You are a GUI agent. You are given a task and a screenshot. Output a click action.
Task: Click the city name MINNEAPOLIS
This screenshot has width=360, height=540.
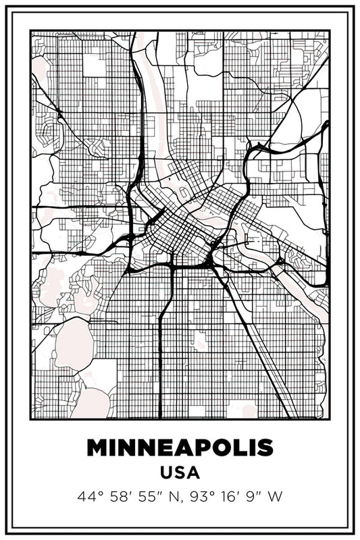180,448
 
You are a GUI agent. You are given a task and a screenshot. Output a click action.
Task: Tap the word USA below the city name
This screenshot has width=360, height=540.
180,473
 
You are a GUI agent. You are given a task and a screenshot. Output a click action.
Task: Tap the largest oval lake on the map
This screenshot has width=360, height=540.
71,340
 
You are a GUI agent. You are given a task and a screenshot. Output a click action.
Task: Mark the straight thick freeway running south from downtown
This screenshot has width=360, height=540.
160,351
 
